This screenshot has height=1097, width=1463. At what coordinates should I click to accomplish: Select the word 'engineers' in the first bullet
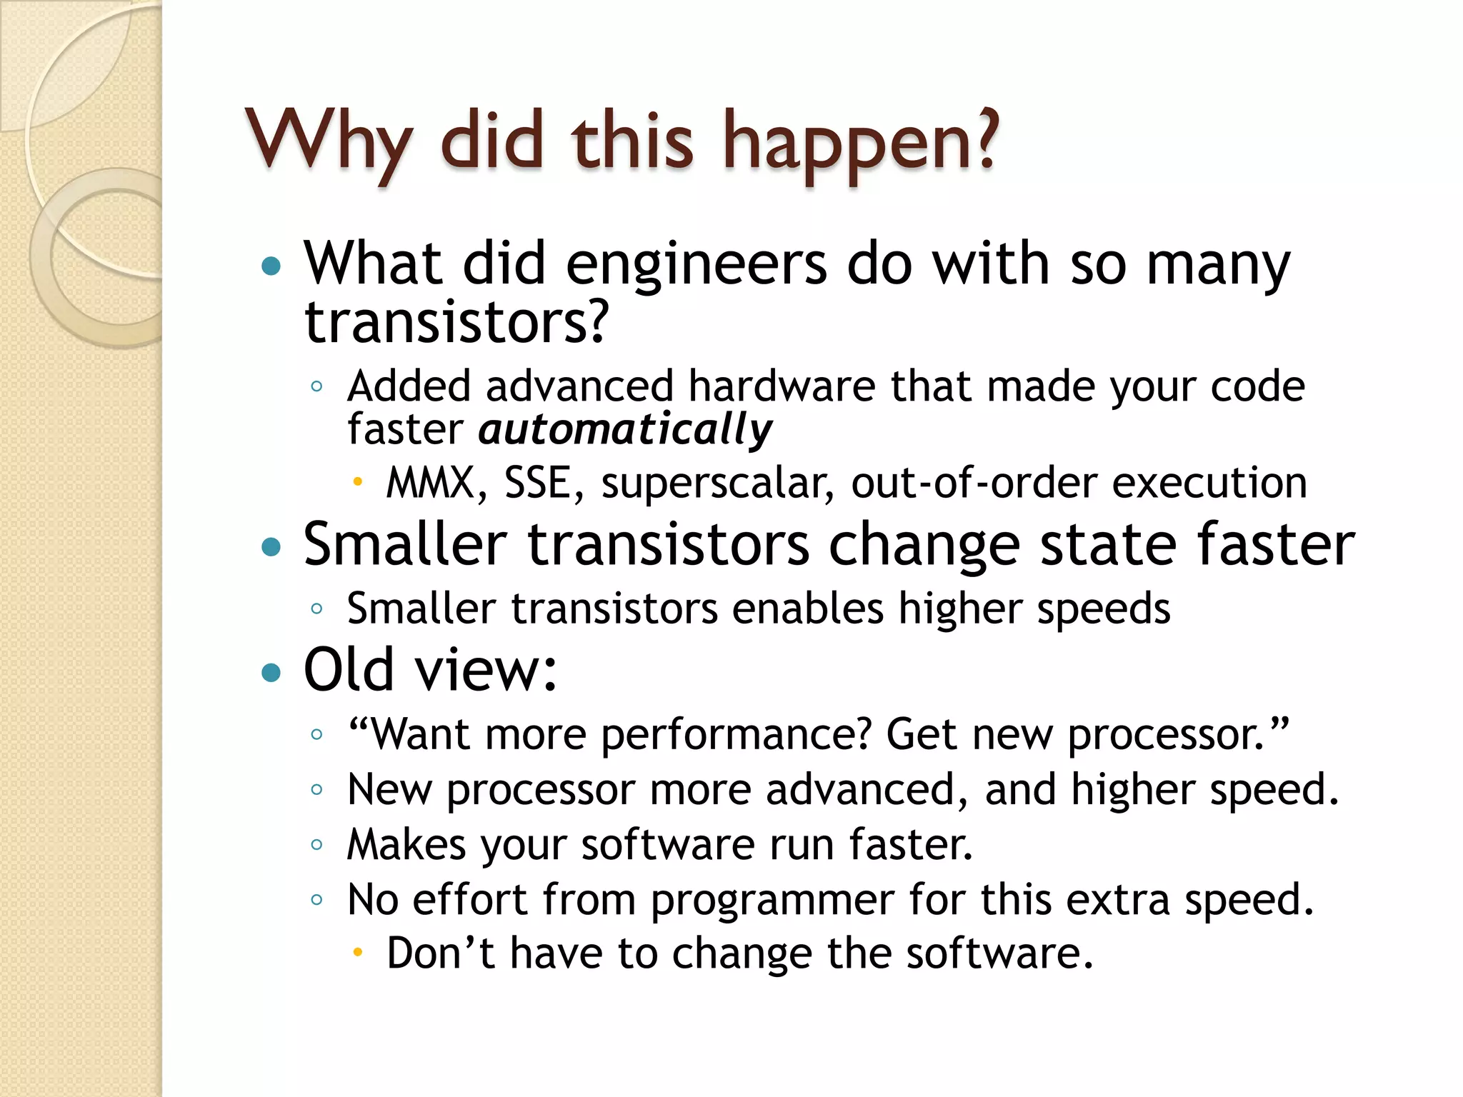coord(696,264)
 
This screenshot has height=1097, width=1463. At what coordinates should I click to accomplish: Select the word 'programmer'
coord(772,900)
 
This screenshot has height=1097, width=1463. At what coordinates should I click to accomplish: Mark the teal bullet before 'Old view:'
coord(271,672)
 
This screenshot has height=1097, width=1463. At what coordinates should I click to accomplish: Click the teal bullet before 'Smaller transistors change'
coord(271,548)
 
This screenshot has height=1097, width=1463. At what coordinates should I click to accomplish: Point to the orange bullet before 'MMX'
coord(358,482)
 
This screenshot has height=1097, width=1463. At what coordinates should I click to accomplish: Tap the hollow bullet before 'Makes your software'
coord(317,845)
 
